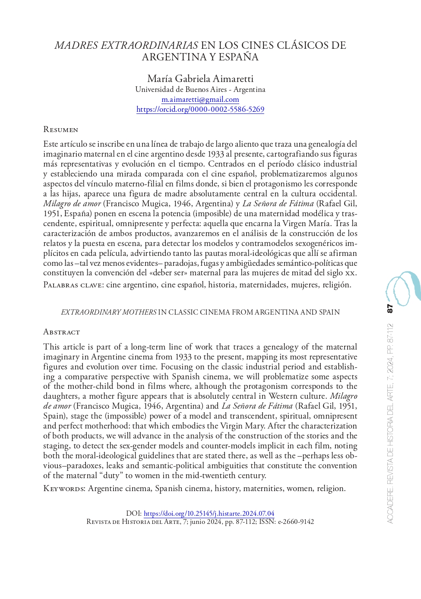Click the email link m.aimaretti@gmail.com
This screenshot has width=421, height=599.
200,99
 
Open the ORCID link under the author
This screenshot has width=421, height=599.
200,109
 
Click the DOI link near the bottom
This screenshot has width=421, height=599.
209,514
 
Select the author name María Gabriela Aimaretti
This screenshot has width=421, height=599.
200,79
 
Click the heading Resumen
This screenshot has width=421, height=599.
60,129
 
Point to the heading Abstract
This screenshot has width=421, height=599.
61,332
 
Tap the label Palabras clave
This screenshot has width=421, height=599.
73,285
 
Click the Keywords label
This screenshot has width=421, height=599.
64,489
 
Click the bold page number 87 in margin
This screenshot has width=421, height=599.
390,308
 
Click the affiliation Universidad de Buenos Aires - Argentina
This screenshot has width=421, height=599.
200,89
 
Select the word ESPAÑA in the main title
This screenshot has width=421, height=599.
239,57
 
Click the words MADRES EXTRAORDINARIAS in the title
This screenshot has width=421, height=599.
126,45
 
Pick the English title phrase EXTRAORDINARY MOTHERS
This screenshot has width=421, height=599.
109,312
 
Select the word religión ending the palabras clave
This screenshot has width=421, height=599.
336,285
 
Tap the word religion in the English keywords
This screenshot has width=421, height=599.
331,489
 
